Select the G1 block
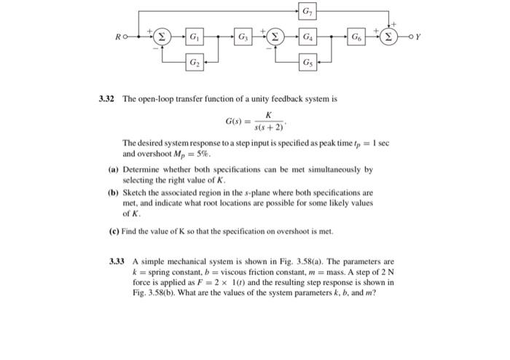195,36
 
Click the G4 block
309,36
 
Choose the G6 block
356,36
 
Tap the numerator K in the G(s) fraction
268,115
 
